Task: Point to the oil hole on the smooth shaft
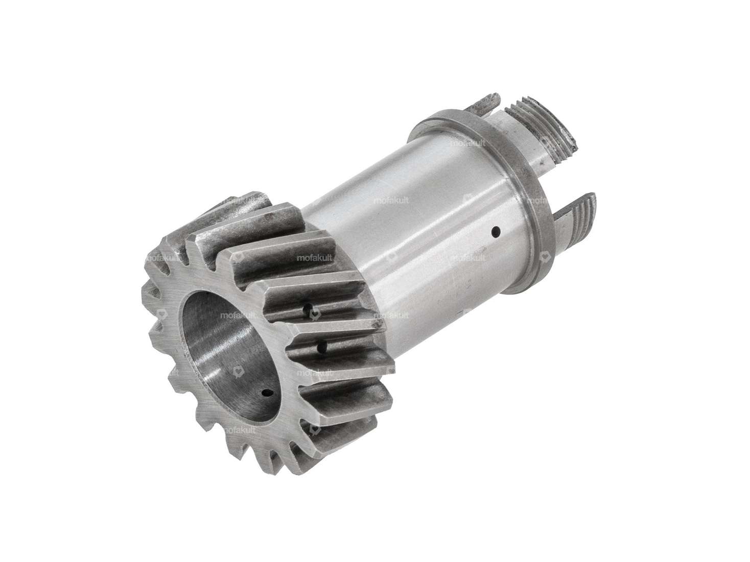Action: click(x=496, y=232)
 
